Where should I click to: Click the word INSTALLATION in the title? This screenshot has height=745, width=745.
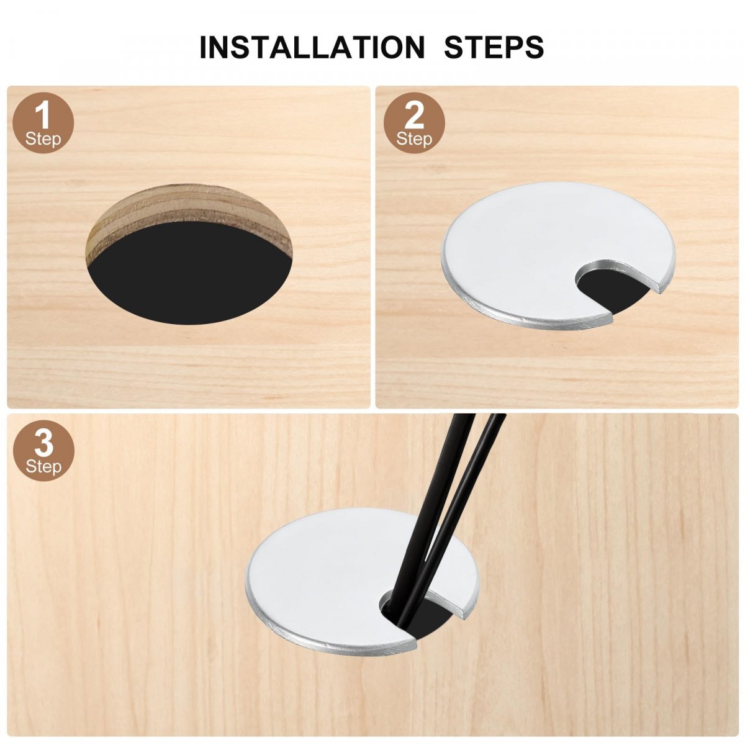312,47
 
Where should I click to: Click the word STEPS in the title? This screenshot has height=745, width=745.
494,47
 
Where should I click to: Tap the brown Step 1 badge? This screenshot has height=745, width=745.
43,122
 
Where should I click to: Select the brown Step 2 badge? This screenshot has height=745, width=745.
413,122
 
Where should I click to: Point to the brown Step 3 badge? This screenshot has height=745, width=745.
43,450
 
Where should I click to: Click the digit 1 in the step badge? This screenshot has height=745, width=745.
43,114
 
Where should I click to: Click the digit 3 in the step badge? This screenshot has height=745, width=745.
43,443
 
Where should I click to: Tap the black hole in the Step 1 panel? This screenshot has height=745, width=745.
189,278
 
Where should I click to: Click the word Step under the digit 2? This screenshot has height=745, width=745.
413,138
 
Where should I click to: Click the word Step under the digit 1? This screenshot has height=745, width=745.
43,138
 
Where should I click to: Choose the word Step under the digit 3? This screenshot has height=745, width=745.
43,466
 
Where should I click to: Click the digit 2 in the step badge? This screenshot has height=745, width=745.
413,115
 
